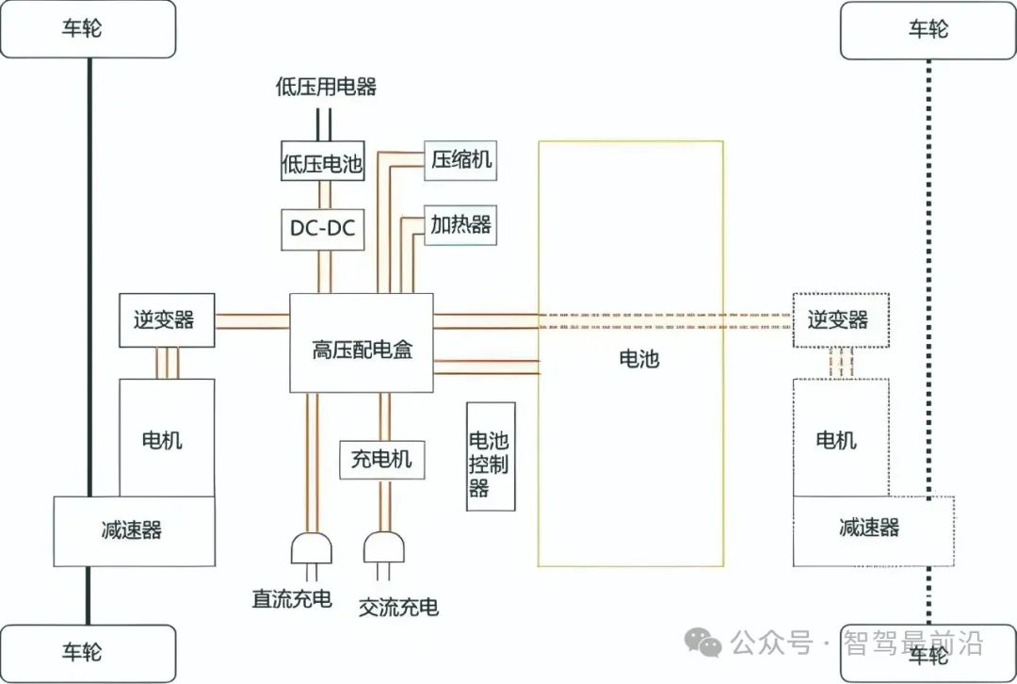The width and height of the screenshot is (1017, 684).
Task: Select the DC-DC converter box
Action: tap(322, 229)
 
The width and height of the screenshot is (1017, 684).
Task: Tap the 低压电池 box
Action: tap(322, 164)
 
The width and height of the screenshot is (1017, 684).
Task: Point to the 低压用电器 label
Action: tap(326, 88)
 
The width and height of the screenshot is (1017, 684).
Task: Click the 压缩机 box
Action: tap(460, 159)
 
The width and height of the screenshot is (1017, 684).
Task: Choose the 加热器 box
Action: tap(460, 225)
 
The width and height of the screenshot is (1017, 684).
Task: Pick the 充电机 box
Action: tap(381, 461)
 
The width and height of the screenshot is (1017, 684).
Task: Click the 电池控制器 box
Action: tap(491, 456)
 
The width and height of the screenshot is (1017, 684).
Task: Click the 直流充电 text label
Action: tap(292, 598)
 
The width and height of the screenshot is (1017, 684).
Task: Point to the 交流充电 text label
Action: tap(398, 607)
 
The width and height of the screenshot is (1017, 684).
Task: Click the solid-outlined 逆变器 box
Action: tap(167, 319)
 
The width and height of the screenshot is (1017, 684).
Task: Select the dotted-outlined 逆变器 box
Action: tap(837, 319)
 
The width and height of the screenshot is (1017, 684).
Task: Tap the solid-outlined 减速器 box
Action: tap(134, 530)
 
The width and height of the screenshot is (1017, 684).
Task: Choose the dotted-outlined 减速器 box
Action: tap(873, 528)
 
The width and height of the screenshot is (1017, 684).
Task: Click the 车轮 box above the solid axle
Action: tap(88, 28)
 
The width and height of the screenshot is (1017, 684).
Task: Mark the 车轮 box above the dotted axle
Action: tap(928, 29)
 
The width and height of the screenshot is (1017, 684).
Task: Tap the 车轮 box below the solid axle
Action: tap(88, 652)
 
